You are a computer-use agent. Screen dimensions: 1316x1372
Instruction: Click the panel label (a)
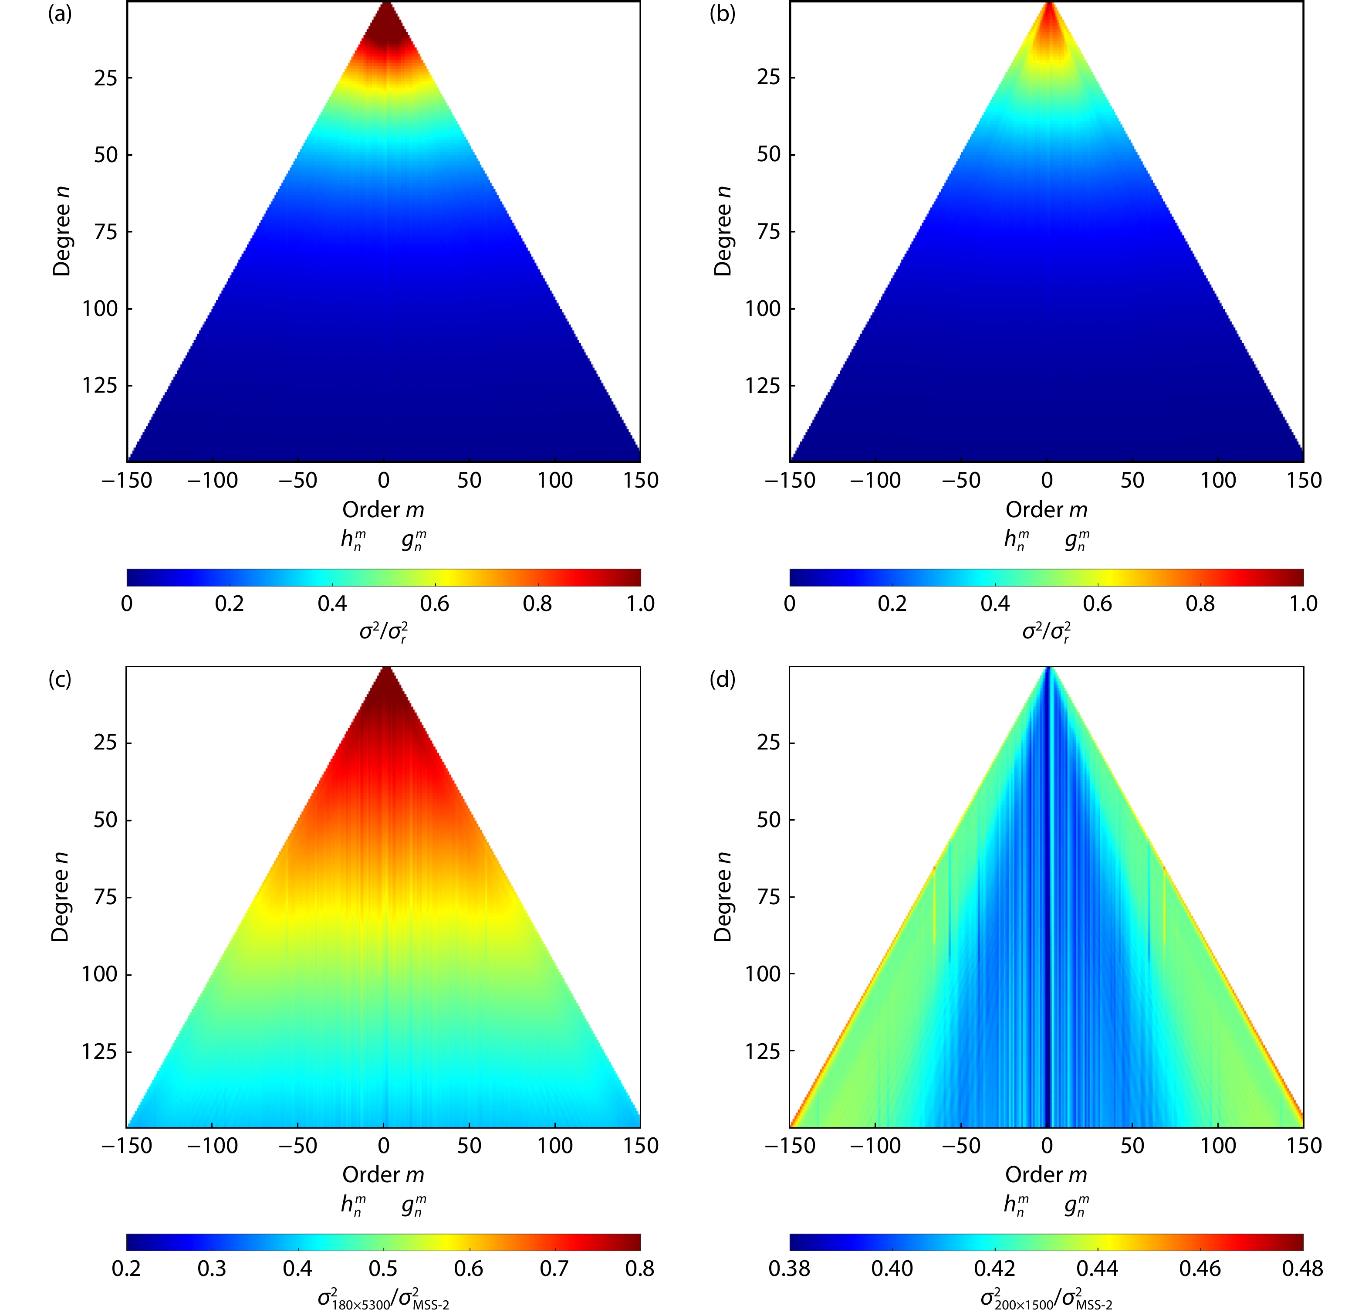coord(60,14)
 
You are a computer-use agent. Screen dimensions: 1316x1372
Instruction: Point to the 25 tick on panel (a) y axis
coord(106,77)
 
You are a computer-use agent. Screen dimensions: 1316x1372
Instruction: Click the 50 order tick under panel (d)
coord(1132,1145)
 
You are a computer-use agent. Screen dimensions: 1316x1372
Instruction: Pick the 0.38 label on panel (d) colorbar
coord(790,1269)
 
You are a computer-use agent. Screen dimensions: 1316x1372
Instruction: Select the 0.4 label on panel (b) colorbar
coord(995,604)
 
